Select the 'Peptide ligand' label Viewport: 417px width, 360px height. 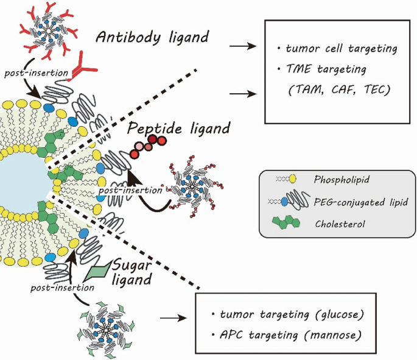pyautogui.click(x=179, y=128)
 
